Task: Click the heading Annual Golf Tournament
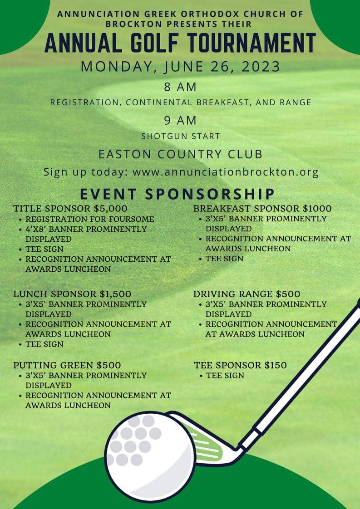[x=180, y=43]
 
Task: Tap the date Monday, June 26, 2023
[x=180, y=66]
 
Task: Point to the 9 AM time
[x=180, y=120]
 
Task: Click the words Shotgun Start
[x=180, y=136]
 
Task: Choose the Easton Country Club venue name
[x=180, y=154]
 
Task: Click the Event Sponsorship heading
[x=178, y=194]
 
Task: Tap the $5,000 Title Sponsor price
[x=110, y=209]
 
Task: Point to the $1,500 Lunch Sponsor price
[x=115, y=294]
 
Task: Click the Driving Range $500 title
[x=247, y=294]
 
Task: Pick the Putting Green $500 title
[x=67, y=365]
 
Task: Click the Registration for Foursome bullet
[x=89, y=219]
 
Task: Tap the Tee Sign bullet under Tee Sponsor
[x=225, y=376]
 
